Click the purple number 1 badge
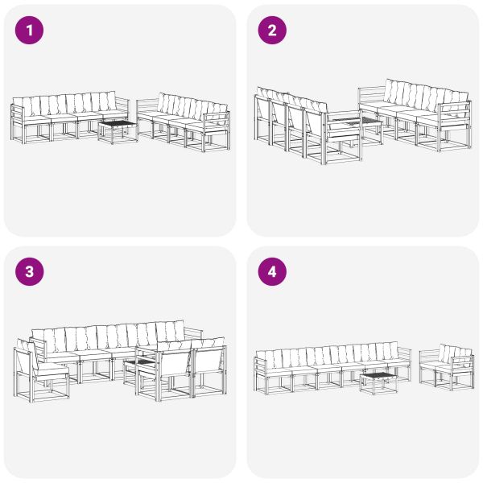(31, 31)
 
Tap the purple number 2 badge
(272, 31)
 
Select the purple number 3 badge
(31, 272)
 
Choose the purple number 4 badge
(272, 272)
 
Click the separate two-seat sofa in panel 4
(444, 366)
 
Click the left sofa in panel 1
(68, 117)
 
